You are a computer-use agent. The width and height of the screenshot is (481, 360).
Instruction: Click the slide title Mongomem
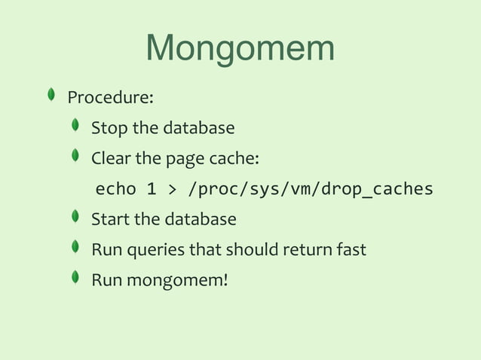[240, 49]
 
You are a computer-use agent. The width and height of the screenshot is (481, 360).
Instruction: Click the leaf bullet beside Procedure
[51, 95]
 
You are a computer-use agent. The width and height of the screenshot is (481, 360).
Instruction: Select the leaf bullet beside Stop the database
[75, 126]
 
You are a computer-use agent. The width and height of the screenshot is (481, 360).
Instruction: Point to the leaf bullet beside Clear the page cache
[75, 156]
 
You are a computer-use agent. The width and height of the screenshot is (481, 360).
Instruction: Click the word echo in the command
[115, 189]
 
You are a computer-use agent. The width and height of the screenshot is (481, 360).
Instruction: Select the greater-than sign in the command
[172, 189]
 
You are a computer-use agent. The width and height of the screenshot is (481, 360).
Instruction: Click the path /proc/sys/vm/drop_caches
[310, 189]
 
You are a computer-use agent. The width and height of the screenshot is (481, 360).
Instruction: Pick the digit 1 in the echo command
[152, 189]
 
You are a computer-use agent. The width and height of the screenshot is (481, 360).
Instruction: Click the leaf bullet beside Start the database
[75, 217]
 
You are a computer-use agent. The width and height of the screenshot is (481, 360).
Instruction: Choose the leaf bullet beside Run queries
[75, 247]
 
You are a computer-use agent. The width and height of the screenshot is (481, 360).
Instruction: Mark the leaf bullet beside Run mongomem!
[75, 277]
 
